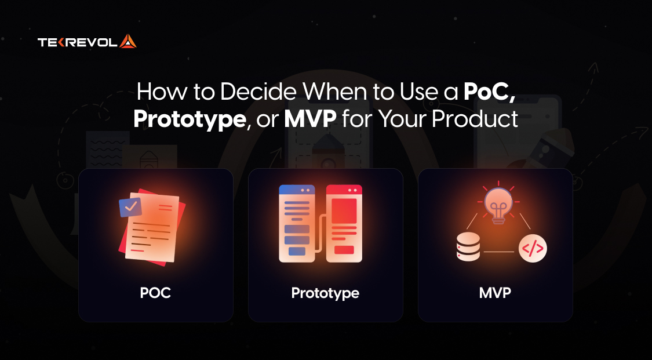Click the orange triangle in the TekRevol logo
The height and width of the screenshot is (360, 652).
click(128, 42)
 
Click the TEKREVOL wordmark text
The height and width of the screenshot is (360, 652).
click(78, 42)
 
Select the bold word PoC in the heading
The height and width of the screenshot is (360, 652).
click(486, 92)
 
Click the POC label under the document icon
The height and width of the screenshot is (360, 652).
click(155, 293)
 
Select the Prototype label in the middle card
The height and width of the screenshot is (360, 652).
click(325, 293)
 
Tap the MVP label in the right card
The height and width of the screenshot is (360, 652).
click(495, 293)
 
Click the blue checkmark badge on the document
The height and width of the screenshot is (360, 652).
click(130, 206)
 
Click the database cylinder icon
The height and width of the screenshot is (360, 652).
click(468, 247)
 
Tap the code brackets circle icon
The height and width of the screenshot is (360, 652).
click(533, 249)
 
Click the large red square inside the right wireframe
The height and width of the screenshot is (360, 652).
click(344, 211)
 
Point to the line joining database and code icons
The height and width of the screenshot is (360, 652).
click(499, 252)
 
